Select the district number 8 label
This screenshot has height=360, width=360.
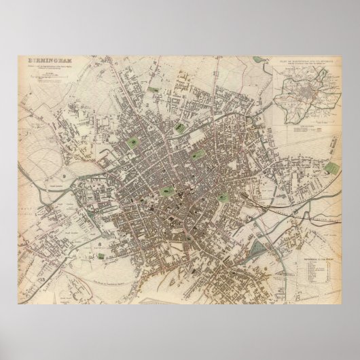tap(100, 242)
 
